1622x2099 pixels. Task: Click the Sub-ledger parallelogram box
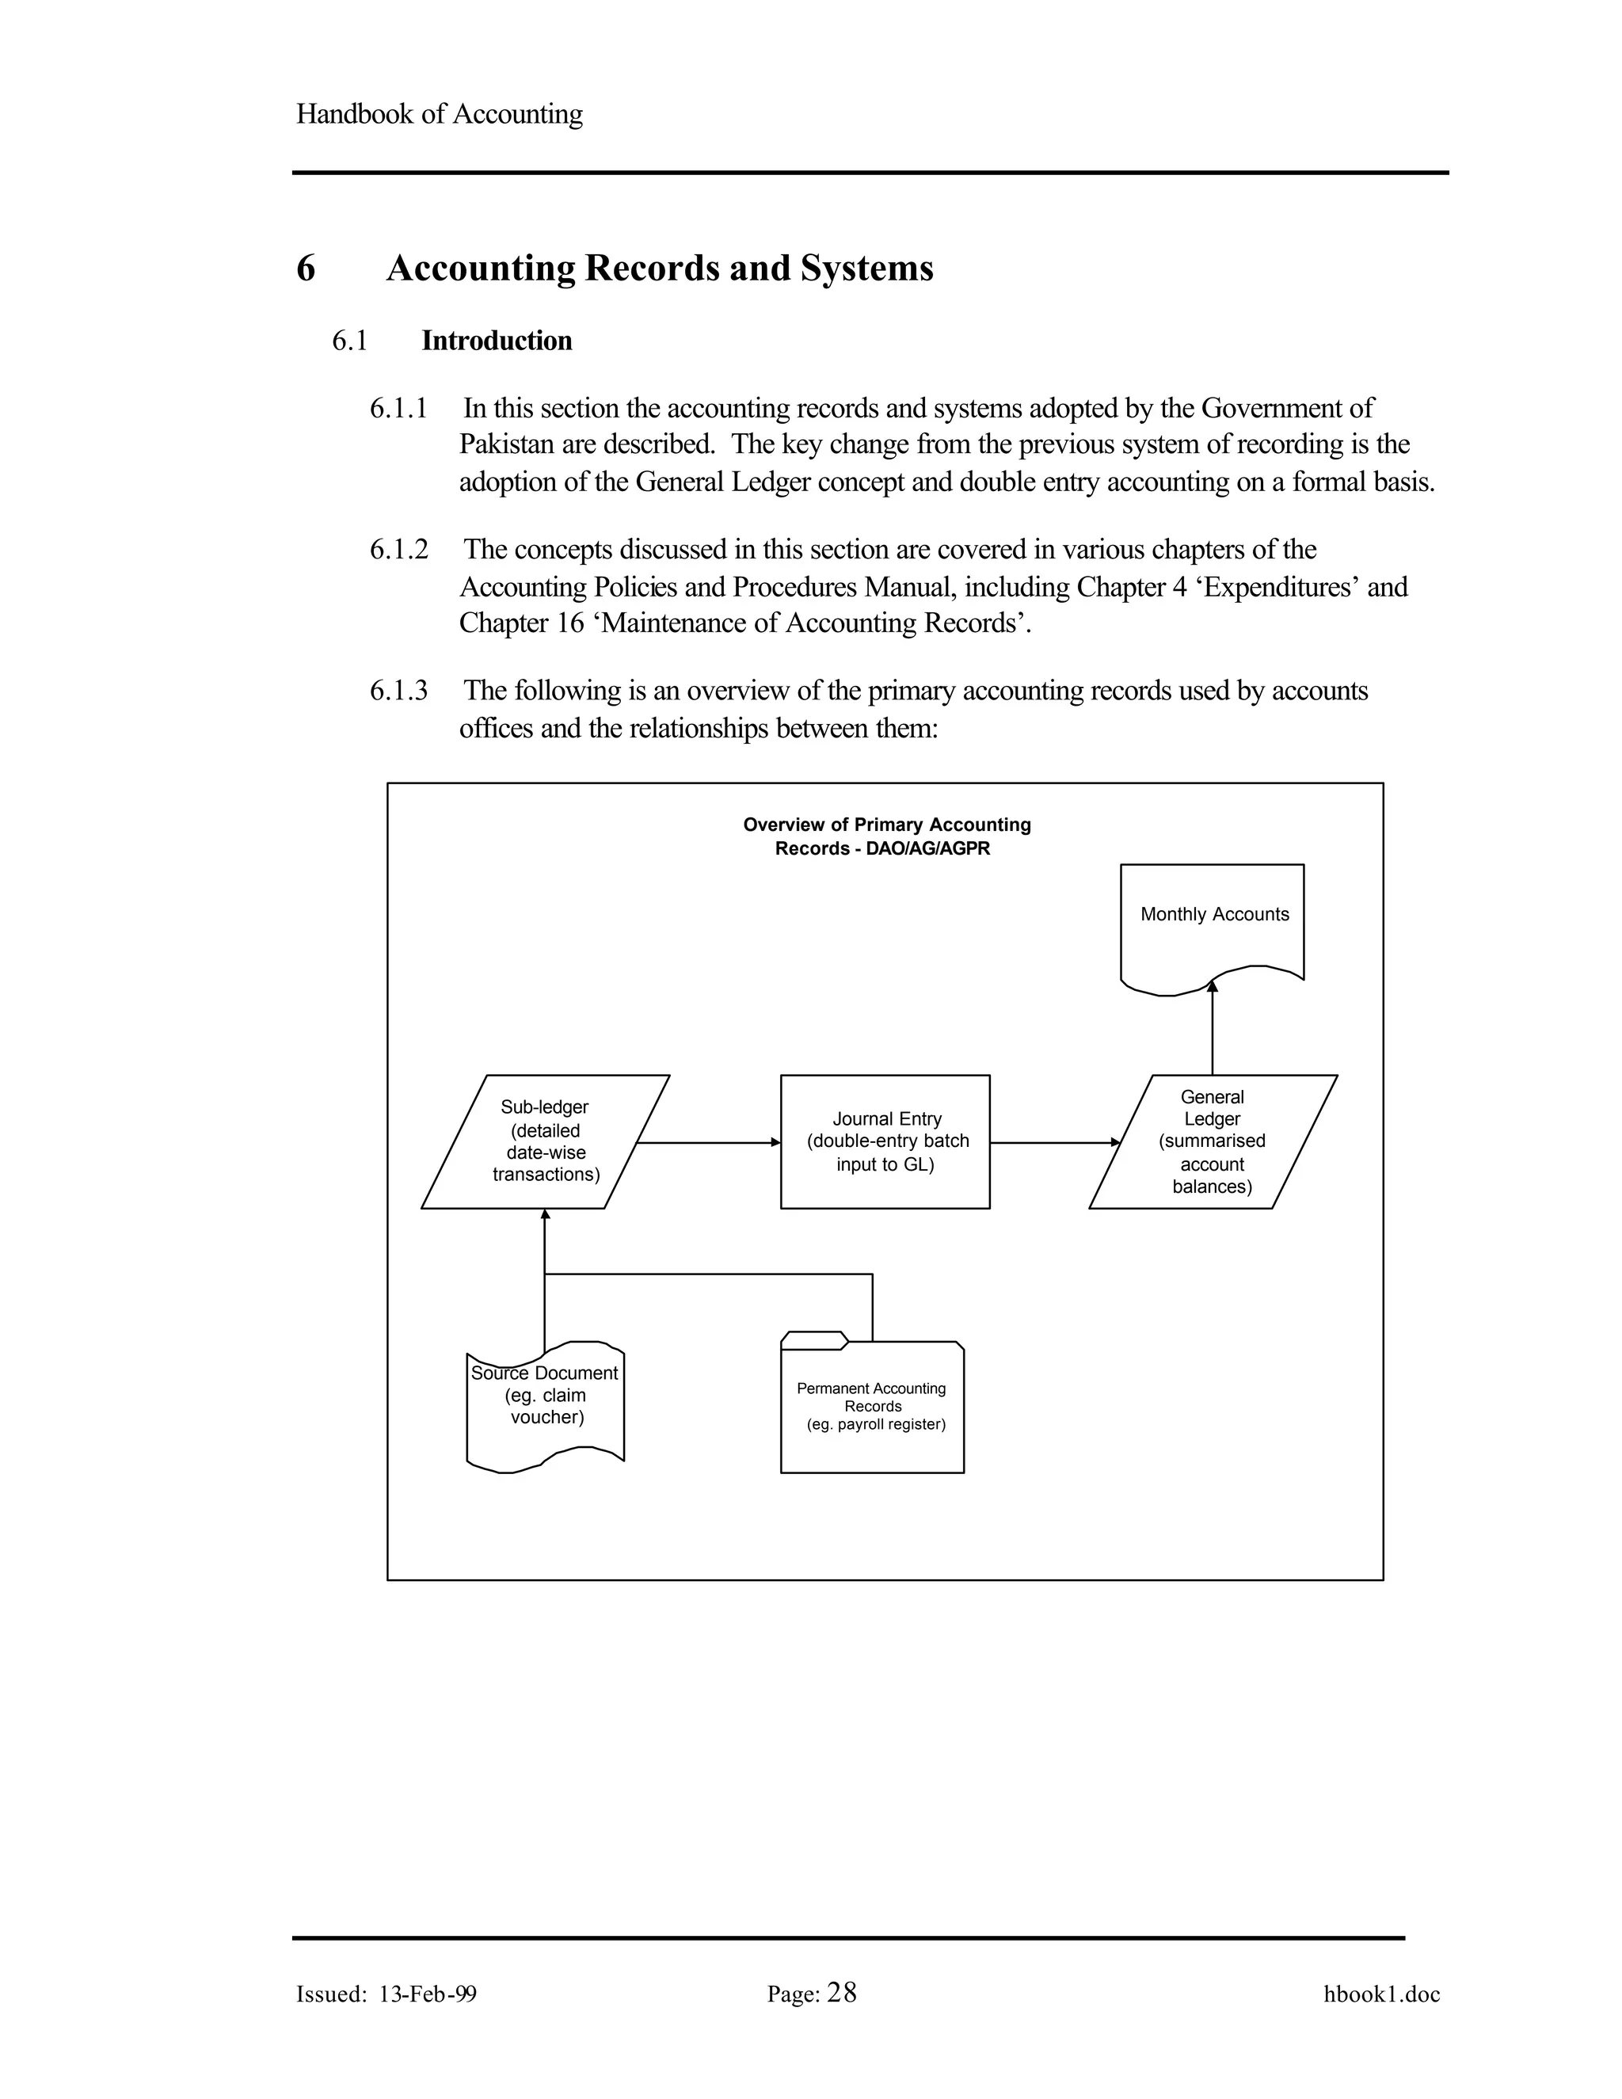click(545, 1141)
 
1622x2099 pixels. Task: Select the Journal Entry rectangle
click(885, 1141)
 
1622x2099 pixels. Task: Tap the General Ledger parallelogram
click(1213, 1141)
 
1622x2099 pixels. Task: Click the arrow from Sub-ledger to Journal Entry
click(708, 1143)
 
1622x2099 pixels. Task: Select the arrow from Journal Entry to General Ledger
click(1054, 1143)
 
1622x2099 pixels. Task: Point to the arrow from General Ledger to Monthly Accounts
click(1213, 1028)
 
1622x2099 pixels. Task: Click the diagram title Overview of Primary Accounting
click(886, 825)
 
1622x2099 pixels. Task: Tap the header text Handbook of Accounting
click(439, 114)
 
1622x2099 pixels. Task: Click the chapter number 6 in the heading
click(306, 269)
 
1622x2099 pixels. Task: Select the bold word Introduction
click(497, 341)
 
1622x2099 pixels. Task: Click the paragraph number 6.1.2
click(399, 550)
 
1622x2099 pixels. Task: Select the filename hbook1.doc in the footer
click(1382, 1994)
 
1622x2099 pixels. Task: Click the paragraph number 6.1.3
click(399, 691)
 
